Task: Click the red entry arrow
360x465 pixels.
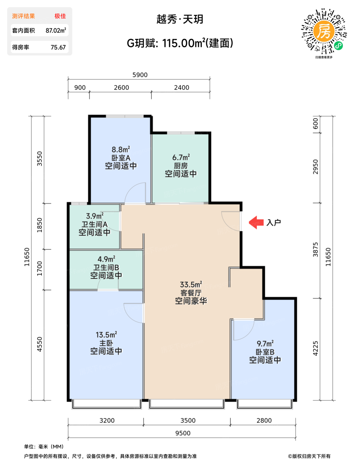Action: pos(256,223)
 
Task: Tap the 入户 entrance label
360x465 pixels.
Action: pos(273,223)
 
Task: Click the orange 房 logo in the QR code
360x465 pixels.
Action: pos(324,31)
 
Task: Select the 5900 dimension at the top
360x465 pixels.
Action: pos(140,75)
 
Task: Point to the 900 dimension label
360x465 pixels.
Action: pos(80,88)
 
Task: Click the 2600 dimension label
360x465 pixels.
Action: pos(121,88)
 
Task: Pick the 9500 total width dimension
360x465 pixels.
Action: pos(183,433)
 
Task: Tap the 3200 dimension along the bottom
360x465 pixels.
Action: pos(107,420)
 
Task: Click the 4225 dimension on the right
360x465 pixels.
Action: pos(315,348)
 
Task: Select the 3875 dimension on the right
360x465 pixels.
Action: pos(315,250)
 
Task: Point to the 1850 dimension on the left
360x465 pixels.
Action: pos(40,225)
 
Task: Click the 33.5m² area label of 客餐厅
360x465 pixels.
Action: pos(191,285)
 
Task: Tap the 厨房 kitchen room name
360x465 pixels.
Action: pos(181,166)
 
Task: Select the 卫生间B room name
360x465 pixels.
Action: pos(106,267)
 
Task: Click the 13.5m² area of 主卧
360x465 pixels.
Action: pos(106,335)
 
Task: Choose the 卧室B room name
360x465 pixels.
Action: pos(265,352)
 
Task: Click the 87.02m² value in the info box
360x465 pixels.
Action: pos(55,30)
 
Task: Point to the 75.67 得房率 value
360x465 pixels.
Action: pos(58,47)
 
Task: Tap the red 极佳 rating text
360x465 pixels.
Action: pos(60,16)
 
